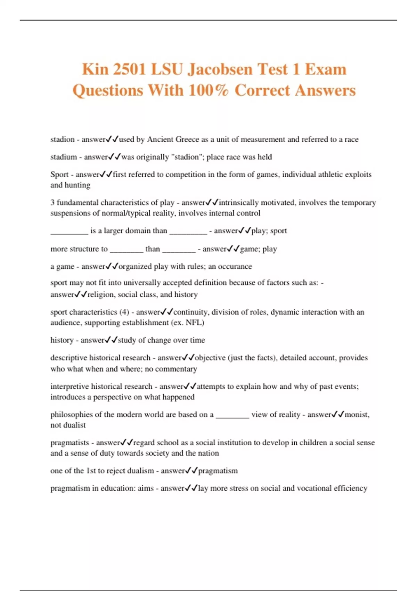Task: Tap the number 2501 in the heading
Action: click(x=129, y=69)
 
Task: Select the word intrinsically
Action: click(x=239, y=202)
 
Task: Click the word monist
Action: click(x=357, y=414)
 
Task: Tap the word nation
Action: click(x=209, y=453)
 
